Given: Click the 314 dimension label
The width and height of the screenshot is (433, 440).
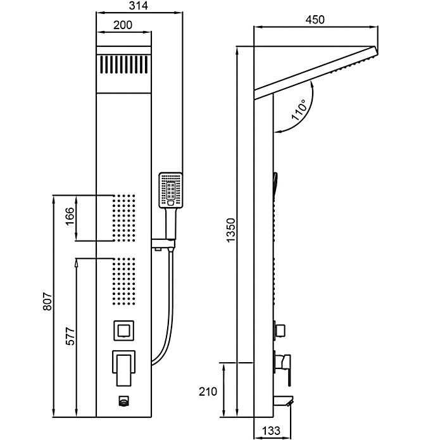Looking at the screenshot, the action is pos(139,6).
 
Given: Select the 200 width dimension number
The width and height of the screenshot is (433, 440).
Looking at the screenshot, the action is pos(123,25).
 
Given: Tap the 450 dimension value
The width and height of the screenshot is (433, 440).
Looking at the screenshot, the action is pos(315,20).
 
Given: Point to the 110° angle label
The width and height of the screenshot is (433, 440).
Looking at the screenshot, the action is pos(299,110).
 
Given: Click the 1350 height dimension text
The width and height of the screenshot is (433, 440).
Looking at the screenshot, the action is pos(231,230).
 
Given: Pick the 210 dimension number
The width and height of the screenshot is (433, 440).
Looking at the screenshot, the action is pos(208,391).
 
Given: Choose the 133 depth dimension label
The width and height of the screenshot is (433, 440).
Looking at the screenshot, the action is pos(272,431).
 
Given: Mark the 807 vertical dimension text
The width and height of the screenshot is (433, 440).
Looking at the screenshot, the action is pos(47,301).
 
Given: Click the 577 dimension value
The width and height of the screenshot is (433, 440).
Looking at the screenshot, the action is pos(70,336).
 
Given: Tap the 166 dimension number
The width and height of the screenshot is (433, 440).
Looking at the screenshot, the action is pos(70,216).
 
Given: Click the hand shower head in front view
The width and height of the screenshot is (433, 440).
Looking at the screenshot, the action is pos(171,190).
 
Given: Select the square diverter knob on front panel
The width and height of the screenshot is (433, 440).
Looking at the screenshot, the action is pos(123,330).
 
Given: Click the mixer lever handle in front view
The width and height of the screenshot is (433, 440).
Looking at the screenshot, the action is pos(123,368).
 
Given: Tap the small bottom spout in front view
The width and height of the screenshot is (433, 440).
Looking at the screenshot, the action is pos(123,401).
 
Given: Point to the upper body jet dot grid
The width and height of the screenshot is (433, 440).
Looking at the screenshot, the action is pos(123,218).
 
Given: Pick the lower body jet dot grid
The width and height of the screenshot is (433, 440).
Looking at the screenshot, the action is pos(123,282).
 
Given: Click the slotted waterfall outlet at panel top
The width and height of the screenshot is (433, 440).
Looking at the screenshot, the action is pos(123,65).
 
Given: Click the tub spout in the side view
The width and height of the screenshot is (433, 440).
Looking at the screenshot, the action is pos(284,401).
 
